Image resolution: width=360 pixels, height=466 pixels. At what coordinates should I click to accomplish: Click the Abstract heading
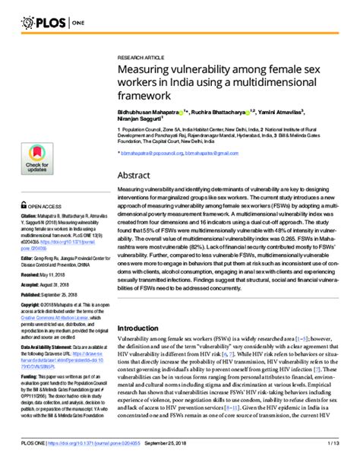pos(133,174)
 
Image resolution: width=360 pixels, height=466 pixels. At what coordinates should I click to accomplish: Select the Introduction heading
pos(143,328)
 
